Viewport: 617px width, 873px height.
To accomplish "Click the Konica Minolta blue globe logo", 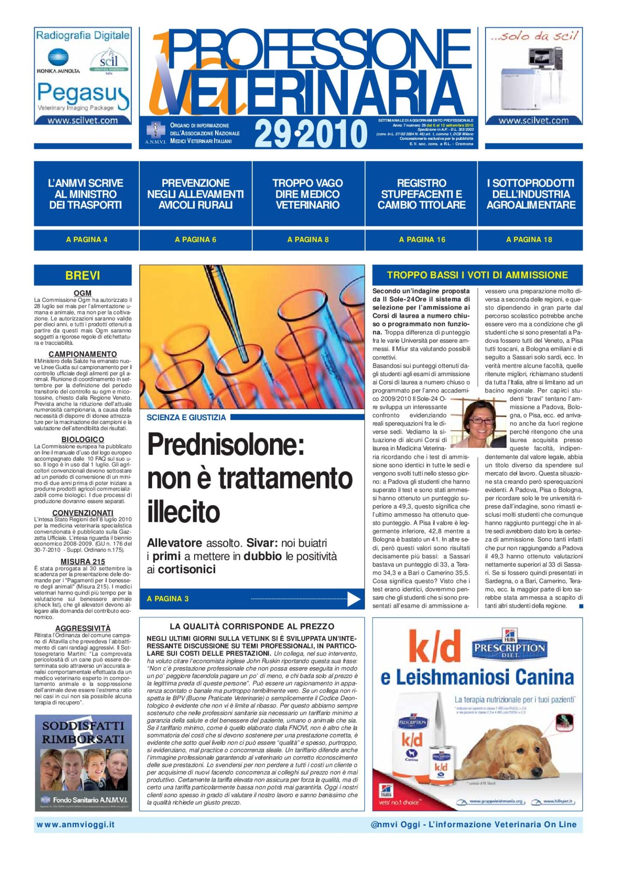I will (x=58, y=58).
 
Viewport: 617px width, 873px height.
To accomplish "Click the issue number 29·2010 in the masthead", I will (x=311, y=134).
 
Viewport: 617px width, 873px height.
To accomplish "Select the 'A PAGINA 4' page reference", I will (x=87, y=240).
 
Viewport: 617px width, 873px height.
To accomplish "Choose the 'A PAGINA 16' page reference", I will (x=422, y=240).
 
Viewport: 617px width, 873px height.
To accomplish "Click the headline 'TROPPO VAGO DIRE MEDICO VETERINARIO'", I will (x=308, y=194).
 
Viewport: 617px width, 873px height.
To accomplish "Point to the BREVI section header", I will (x=83, y=275).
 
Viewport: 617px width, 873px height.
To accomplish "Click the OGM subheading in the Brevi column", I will (x=83, y=293).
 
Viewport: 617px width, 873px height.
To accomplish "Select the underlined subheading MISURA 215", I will (x=83, y=562).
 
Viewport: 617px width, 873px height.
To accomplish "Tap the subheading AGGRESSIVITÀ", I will (x=83, y=629).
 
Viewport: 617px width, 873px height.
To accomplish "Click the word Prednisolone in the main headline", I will (x=226, y=445).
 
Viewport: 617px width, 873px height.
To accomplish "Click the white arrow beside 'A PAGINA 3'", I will (x=353, y=599).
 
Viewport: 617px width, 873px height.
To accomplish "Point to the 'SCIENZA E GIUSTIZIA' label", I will (x=186, y=418).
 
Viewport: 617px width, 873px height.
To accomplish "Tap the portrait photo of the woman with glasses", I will (x=479, y=424).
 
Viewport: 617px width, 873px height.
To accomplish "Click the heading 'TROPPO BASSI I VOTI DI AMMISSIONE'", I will (x=477, y=275).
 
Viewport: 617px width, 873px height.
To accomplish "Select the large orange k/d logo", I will (x=434, y=646).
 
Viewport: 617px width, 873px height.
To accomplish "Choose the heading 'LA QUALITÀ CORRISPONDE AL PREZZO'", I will (x=252, y=626).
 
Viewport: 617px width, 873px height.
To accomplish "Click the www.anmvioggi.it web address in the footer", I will (x=75, y=825).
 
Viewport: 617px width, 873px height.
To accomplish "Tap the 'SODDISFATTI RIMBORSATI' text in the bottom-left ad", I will (x=83, y=733).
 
